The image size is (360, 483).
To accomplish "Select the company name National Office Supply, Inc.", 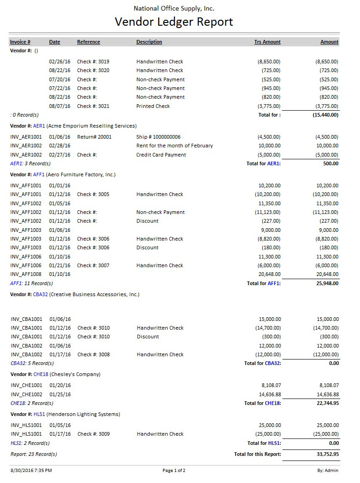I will coord(174,8).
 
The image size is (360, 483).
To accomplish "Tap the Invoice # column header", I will coord(20,42).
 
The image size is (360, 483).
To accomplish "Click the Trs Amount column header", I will coord(267,42).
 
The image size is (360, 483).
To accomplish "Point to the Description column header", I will coord(149,42).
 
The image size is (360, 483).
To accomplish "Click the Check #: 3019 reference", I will coord(93,62).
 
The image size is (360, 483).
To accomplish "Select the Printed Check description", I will coord(153,106).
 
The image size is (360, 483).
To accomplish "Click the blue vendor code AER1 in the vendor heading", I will coord(39,126).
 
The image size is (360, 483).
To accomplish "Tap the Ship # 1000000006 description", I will coord(158,137).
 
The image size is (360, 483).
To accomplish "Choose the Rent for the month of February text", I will coord(174,146).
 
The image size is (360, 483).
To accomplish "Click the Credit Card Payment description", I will coord(161,155).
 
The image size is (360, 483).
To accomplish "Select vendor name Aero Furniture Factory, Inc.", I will coord(81,174).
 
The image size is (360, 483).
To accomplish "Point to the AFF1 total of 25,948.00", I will coord(326,283).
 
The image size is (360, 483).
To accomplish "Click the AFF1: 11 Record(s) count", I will coord(30,283).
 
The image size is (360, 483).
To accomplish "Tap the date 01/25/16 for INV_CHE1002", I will coord(60,394).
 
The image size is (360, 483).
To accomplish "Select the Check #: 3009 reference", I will coord(94,434).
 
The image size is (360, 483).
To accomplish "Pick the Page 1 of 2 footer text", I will coord(174,470).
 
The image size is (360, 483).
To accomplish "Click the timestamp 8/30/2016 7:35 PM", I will coord(31,470).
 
